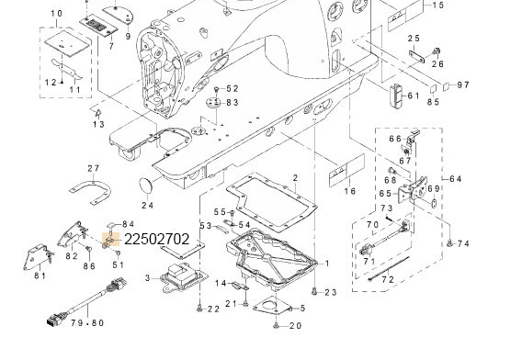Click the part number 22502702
156,239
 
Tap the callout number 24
147,206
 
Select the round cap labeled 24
145,186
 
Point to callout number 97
463,85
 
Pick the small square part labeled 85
433,89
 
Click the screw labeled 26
436,51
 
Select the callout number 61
414,96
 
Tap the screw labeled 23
314,291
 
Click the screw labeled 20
276,326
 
